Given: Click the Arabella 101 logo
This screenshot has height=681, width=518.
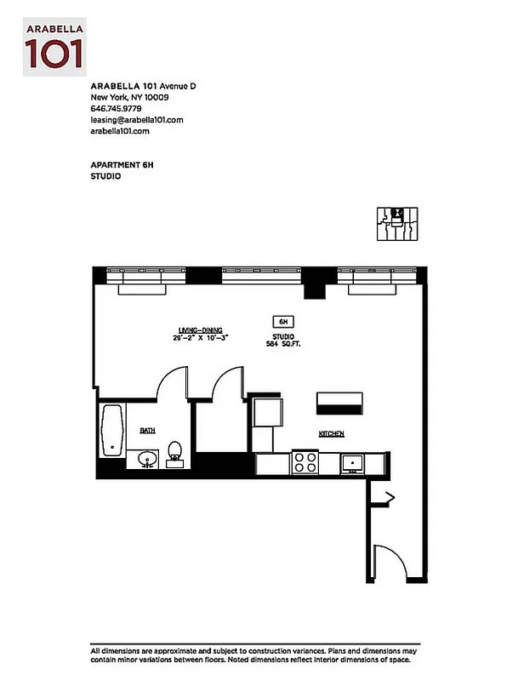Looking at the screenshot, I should tap(54, 46).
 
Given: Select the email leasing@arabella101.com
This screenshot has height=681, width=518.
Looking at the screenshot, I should tap(137, 121).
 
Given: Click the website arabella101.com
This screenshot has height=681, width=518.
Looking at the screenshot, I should tap(120, 132).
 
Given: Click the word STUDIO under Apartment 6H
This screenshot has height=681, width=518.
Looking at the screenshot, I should tap(105, 176).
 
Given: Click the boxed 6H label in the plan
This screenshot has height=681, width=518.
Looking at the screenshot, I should tap(282, 322).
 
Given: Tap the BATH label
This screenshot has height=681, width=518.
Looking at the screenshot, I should tap(147, 432).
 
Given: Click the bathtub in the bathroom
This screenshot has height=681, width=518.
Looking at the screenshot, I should tap(112, 432).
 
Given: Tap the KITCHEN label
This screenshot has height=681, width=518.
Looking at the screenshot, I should tap(332, 434).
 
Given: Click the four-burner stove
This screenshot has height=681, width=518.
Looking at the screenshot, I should tap(305, 462).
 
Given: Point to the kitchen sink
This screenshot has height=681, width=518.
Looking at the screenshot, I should tap(351, 463).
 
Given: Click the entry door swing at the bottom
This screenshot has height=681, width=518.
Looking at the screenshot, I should tap(390, 562).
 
